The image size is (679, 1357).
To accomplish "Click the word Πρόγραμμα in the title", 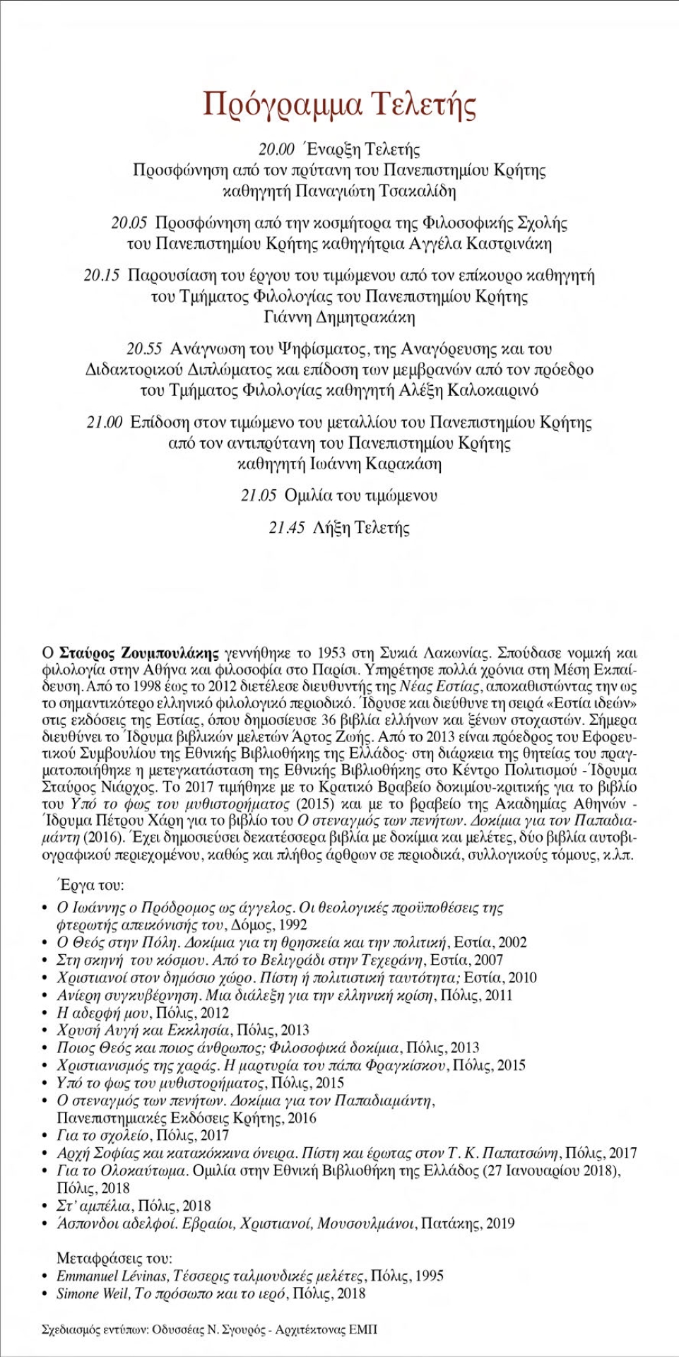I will coord(282,104).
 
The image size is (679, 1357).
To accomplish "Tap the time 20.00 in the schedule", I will coord(276,149).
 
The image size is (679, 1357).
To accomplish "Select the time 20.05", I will coord(129,223).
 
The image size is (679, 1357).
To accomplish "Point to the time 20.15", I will coord(102,276).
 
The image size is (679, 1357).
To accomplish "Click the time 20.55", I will coord(145,349).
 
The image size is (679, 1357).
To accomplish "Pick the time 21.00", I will coord(105,423).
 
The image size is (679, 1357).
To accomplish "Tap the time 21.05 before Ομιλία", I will coord(259,496).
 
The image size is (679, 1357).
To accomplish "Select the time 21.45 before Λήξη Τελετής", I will coord(287,528).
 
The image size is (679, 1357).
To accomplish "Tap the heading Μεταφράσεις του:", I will coord(114,1259).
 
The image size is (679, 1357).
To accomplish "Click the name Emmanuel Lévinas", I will coord(112,1276).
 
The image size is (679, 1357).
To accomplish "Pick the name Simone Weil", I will coord(93,1294).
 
